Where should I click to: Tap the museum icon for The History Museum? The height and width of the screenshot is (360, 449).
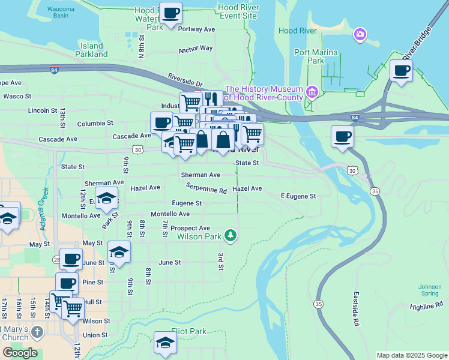312,92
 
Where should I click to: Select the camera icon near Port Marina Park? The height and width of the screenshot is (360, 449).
360,34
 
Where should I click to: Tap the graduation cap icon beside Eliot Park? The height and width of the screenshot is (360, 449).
165,343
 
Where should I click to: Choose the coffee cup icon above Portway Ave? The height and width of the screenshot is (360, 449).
170,13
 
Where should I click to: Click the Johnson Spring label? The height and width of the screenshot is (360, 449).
430,290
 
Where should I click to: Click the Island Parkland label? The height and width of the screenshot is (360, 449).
92,50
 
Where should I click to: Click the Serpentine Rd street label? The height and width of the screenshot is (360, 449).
206,188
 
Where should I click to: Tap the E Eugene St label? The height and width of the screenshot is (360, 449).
298,196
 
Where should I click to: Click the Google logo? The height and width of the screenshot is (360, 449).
20,353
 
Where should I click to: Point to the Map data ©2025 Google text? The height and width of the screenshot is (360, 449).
411,355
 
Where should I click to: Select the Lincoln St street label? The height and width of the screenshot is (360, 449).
42,111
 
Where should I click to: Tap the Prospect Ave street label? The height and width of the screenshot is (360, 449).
190,228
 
